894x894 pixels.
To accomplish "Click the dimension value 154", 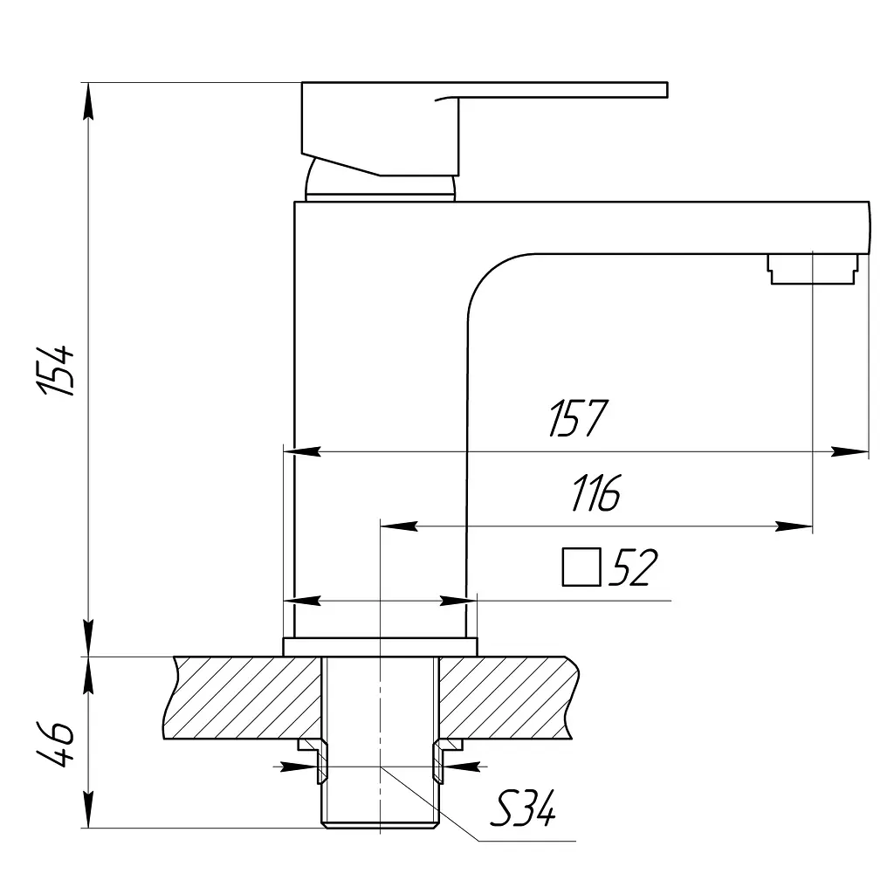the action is coord(56,370).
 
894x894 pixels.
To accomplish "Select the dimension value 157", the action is coord(578,418).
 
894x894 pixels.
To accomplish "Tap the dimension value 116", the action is coord(596,492).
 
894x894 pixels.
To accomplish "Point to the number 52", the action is coord(633,567).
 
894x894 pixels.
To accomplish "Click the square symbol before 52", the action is coord(581,567).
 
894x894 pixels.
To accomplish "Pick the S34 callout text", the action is coord(522,809).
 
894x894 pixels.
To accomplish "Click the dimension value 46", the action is coord(56,744).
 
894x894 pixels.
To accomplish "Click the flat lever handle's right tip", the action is coord(667,90).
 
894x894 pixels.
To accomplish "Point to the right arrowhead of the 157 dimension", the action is coord(850,451).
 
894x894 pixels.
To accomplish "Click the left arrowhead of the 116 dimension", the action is coord(399,526).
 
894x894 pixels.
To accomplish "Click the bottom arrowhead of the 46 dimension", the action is coord(88,809).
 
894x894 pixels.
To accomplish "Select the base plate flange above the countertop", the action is coord(380,647).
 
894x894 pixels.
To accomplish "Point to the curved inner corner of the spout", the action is coord(487,273).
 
